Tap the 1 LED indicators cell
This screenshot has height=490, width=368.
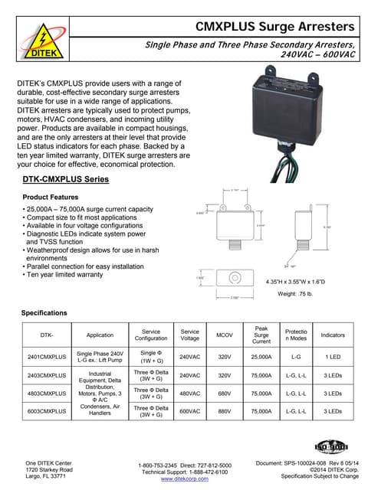(x=333, y=355)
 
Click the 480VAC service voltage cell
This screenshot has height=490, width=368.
(x=189, y=393)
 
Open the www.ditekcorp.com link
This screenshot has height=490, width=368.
(x=185, y=479)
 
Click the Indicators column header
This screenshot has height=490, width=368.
(x=333, y=335)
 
